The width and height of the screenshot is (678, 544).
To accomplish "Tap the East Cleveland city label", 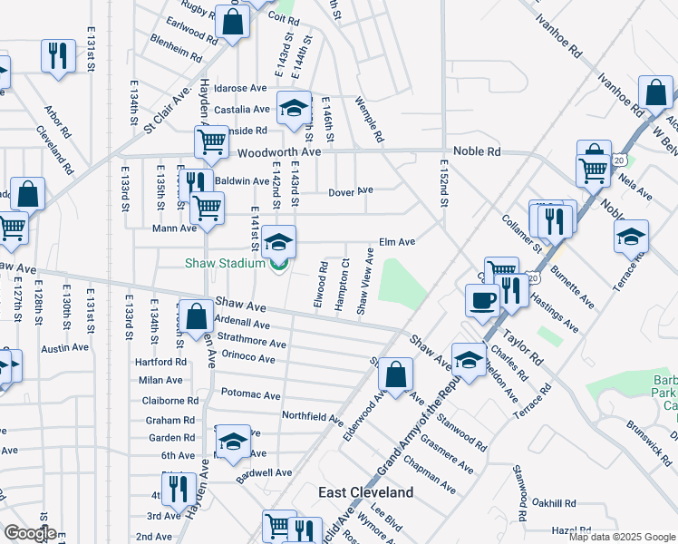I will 366,492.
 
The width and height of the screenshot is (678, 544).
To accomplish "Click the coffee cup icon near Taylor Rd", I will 482,300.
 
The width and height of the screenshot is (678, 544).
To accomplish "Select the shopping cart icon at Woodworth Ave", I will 211,141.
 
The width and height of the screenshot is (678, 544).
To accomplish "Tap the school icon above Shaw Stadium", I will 280,241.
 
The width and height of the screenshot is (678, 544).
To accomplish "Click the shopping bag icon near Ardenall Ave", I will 197,317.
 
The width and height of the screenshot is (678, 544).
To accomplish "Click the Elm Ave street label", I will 396,242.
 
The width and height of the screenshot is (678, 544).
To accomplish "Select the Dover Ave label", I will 351,191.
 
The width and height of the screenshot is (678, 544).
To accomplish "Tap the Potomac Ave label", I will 248,393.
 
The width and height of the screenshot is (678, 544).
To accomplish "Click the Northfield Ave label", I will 312,419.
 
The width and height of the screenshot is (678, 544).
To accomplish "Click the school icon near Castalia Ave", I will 293,109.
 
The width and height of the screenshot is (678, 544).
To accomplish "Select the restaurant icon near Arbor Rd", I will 58,54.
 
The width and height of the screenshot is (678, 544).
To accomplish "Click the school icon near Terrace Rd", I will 631,237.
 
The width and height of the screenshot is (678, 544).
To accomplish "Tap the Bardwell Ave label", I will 265,472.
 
